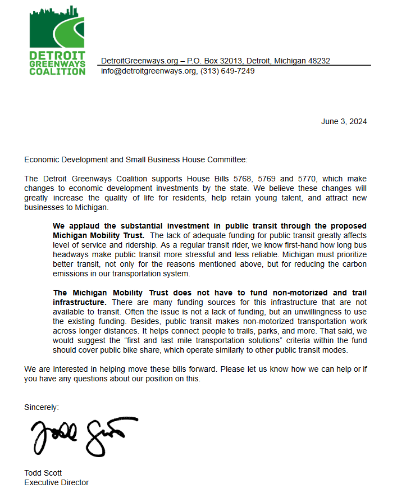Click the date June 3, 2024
point(344,122)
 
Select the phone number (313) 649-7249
point(227,71)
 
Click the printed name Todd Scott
point(43,473)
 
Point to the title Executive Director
point(56,482)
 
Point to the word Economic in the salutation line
point(42,160)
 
